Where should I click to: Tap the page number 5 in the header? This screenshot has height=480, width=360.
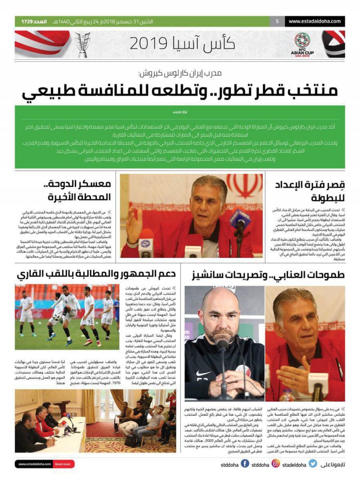click(x=277, y=21)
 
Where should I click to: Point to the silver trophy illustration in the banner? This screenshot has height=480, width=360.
click(x=82, y=44)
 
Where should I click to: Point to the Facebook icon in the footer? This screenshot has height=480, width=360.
click(x=245, y=463)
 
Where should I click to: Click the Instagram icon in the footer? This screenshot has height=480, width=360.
click(x=275, y=463)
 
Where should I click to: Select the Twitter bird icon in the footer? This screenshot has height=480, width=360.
click(x=313, y=463)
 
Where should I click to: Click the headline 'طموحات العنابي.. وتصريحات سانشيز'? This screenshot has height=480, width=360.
click(x=268, y=274)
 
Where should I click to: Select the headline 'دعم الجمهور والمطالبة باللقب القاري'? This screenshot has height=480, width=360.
click(x=96, y=274)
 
